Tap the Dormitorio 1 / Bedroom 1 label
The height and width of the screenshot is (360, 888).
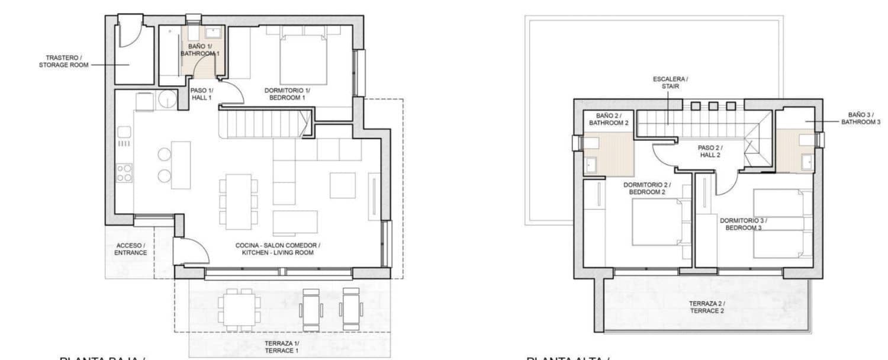click(x=287, y=94)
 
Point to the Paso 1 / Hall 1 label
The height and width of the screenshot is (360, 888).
click(x=201, y=94)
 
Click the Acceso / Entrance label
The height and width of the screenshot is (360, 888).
click(x=130, y=249)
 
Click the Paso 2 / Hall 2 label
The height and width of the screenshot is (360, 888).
click(x=710, y=151)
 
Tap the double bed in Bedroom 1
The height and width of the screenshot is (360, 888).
click(x=303, y=59)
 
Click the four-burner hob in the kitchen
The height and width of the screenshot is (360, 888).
click(x=124, y=172)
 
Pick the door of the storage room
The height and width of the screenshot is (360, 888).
click(x=128, y=32)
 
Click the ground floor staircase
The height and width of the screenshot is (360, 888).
click(x=265, y=125)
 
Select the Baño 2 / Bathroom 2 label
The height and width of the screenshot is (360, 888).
click(x=608, y=118)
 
